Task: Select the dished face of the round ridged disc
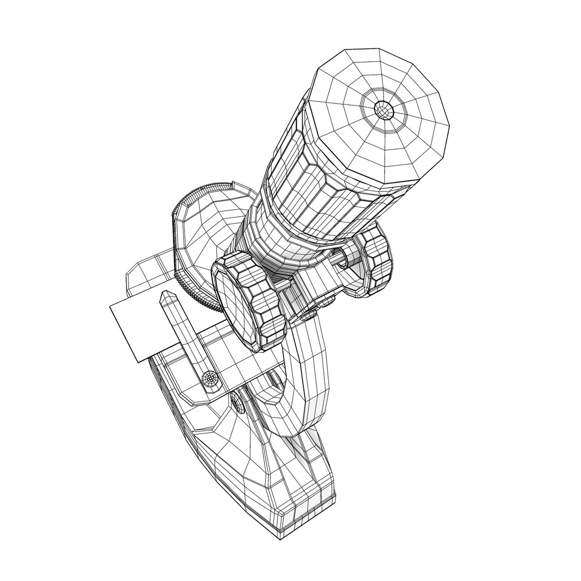(x=207, y=237)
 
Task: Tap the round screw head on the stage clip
(x=210, y=379)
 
